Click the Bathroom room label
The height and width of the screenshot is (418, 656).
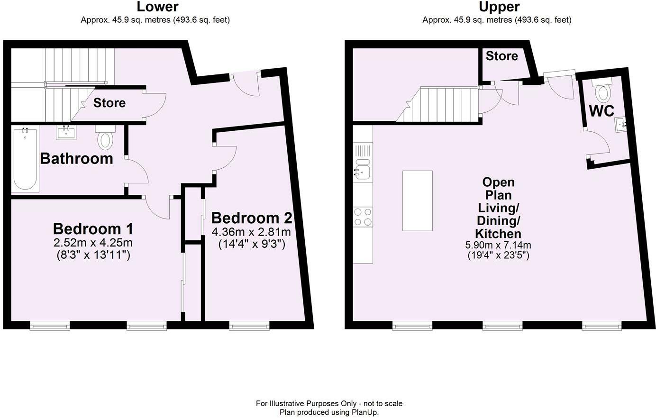(x=76, y=158)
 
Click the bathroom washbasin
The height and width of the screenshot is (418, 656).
(x=65, y=133)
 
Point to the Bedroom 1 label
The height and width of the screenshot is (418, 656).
(x=93, y=229)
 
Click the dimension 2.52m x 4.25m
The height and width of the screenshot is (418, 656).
(x=93, y=243)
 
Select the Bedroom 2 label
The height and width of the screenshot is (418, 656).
(x=251, y=218)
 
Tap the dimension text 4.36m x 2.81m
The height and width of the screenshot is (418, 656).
(x=251, y=232)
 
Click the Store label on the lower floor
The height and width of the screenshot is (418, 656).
(x=109, y=103)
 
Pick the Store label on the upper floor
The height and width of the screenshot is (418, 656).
(x=501, y=56)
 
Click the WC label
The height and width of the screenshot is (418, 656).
(x=601, y=111)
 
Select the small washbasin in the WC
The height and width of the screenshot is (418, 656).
(x=621, y=125)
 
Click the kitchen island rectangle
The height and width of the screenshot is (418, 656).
(x=417, y=200)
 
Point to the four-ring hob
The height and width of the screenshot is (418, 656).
(x=363, y=217)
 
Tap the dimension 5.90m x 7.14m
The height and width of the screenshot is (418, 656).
(x=498, y=245)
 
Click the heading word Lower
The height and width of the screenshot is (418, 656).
(x=158, y=7)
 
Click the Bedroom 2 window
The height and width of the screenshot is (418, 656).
(x=249, y=326)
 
